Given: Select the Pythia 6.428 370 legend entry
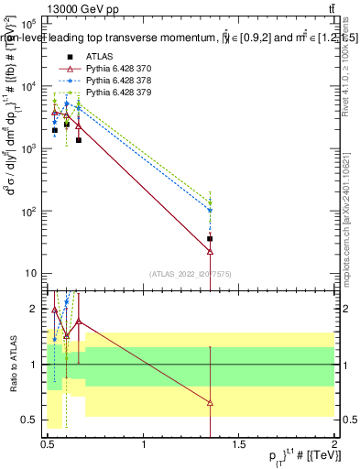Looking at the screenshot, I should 120,69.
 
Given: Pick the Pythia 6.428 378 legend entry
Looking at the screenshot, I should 120,81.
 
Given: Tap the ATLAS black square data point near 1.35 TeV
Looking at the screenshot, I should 211,239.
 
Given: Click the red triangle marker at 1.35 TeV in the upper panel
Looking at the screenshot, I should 211,251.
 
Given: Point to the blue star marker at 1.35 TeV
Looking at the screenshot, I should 211,211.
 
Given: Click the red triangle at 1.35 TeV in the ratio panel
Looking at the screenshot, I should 211,403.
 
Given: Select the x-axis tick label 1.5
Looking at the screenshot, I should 239,444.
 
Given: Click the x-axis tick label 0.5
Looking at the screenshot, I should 48,444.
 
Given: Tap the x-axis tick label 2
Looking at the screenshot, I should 334,444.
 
